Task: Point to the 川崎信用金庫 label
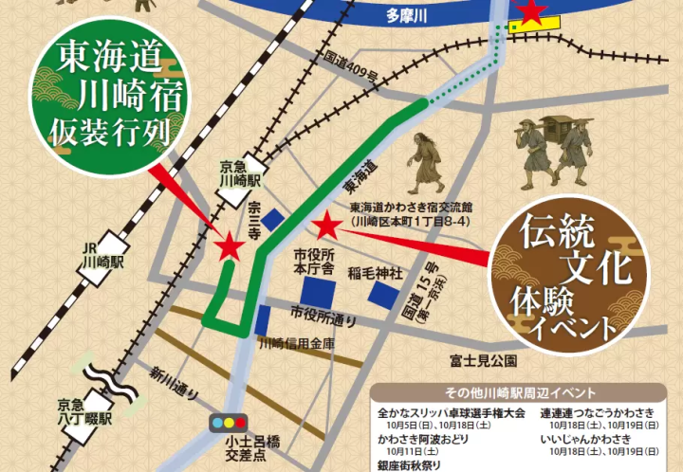pos(297,344)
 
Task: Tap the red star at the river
pos(531,10)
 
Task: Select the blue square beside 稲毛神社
pos(384,295)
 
